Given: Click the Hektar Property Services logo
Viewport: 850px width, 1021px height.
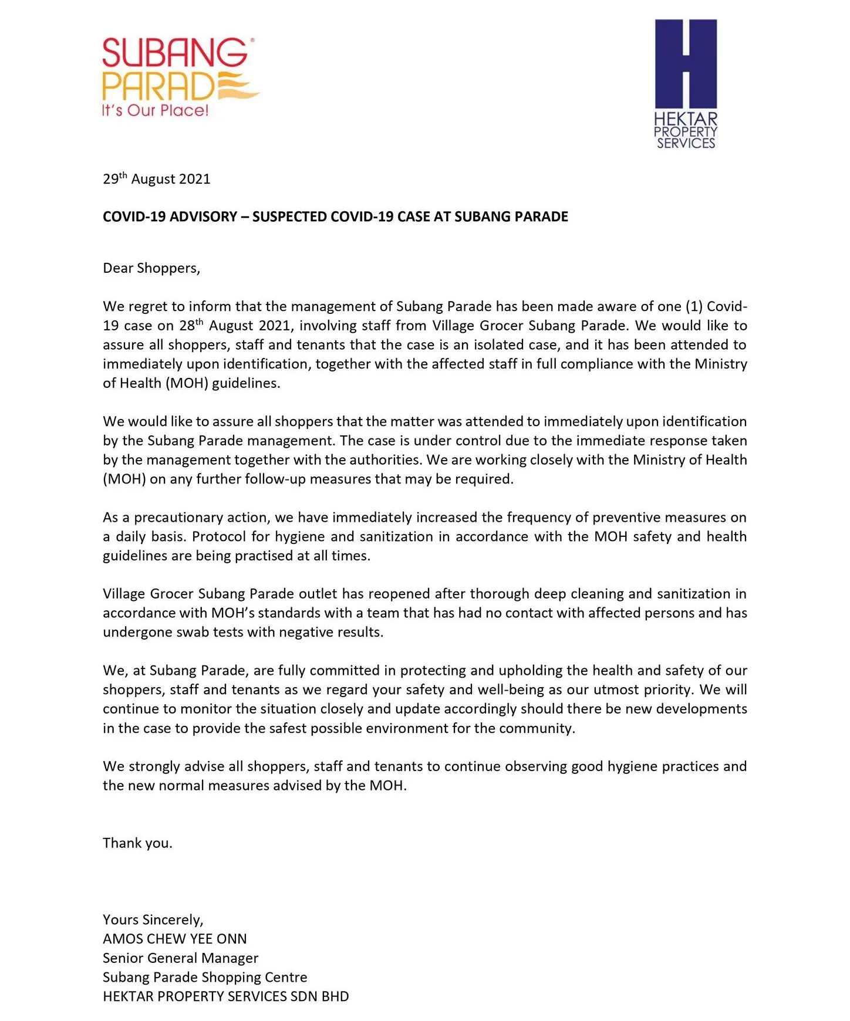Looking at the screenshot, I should pyautogui.click(x=686, y=83).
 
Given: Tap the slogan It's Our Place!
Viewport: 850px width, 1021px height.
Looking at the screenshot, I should pyautogui.click(x=155, y=110).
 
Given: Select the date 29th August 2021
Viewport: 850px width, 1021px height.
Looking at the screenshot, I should pyautogui.click(x=156, y=179).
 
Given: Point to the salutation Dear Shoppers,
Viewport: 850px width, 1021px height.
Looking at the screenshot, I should pyautogui.click(x=151, y=268).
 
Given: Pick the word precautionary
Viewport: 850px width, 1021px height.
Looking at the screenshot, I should pyautogui.click(x=185, y=518).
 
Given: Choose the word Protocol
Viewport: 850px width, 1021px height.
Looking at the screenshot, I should pyautogui.click(x=218, y=536).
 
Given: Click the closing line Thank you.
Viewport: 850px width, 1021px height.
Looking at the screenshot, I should pyautogui.click(x=137, y=843).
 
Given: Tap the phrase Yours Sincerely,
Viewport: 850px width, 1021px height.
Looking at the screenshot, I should pyautogui.click(x=153, y=919).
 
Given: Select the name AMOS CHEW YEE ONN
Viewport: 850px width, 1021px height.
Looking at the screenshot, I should pyautogui.click(x=174, y=939).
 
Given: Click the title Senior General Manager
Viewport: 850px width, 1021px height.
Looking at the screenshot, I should pyautogui.click(x=180, y=958).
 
